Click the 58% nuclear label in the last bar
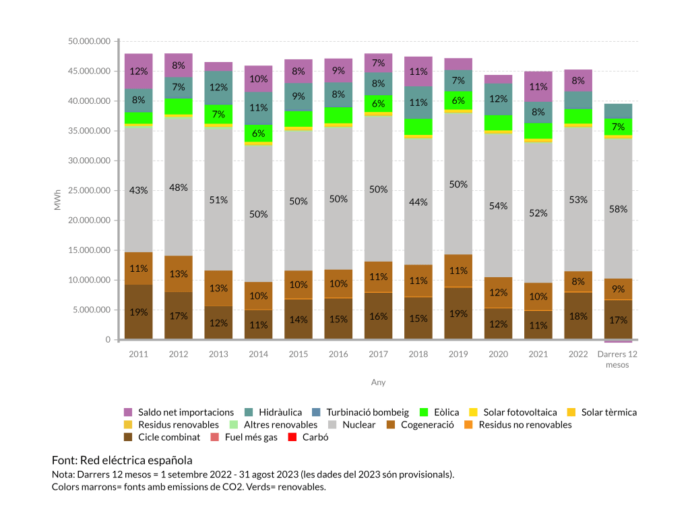(618, 209)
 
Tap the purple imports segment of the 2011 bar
(138, 71)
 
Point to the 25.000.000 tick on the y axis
(89, 191)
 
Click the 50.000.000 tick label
(89, 42)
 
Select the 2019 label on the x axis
(458, 355)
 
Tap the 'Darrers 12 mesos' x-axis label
(618, 359)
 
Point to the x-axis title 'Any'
(378, 382)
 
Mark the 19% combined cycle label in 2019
(458, 313)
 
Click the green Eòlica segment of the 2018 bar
(418, 127)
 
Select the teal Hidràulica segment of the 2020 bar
(498, 99)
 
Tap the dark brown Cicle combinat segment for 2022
(578, 316)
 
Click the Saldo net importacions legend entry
(179, 412)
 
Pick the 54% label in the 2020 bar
(498, 206)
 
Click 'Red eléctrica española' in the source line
(136, 461)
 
